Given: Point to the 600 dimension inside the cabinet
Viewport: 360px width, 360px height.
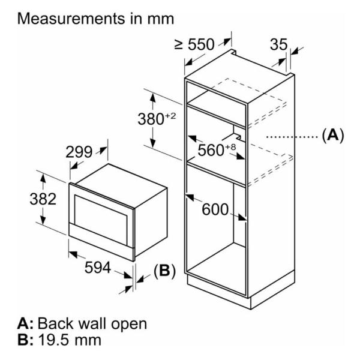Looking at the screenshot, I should pyautogui.click(x=215, y=210).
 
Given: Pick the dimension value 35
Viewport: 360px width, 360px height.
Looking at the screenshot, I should pyautogui.click(x=278, y=45).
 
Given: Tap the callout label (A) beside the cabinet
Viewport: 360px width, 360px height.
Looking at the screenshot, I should pyautogui.click(x=333, y=136).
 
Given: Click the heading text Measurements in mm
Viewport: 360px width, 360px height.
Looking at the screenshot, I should pyautogui.click(x=96, y=18).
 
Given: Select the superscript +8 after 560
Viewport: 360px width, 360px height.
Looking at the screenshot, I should pyautogui.click(x=230, y=146).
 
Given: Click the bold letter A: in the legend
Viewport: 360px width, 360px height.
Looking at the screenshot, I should pyautogui.click(x=28, y=324).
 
